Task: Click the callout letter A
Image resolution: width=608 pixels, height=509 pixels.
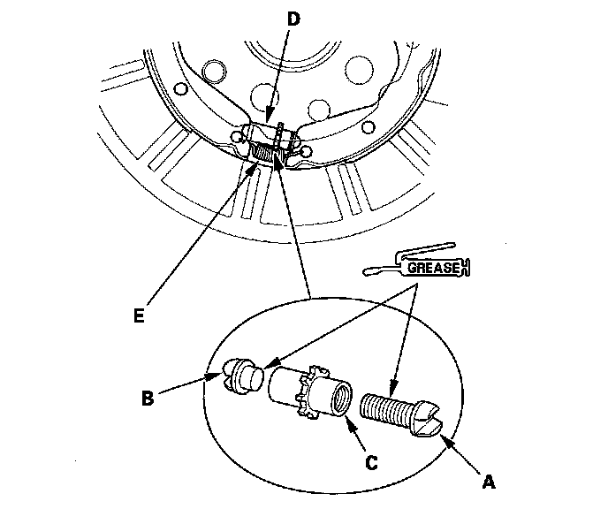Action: point(489,482)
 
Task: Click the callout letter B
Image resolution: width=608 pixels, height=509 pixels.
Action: point(148,398)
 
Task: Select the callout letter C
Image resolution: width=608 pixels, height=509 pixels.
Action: point(371,462)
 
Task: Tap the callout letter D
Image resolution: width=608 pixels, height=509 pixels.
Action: point(293,19)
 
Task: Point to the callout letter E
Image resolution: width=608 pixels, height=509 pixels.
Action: point(139,315)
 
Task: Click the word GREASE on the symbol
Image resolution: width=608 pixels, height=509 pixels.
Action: point(434,268)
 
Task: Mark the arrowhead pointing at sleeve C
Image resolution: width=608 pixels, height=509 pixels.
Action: point(352,425)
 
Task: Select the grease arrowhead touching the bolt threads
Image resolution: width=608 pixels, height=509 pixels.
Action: point(392,386)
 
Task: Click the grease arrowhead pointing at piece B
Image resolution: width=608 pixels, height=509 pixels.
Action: point(270,363)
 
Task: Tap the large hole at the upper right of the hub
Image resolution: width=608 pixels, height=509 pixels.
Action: point(360,70)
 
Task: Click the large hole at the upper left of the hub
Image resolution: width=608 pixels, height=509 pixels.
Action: point(215,71)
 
